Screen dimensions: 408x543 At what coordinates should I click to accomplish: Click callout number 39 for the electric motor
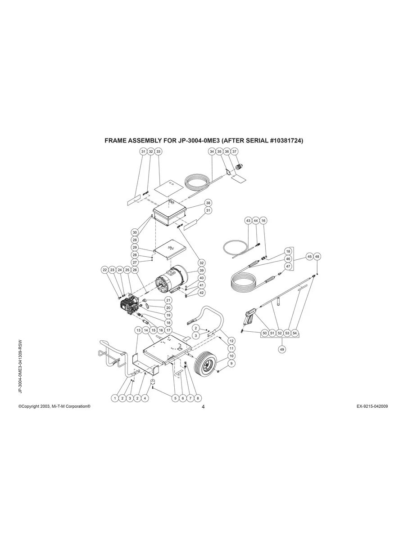201,271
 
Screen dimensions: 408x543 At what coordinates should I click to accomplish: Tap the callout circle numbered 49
281,349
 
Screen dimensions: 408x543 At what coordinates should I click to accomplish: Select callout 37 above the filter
234,151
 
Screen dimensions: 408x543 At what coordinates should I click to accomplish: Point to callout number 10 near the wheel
231,356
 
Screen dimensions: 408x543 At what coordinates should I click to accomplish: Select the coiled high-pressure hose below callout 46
243,281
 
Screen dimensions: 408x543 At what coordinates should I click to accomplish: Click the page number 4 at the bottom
203,407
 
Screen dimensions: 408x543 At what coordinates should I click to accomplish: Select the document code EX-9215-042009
372,406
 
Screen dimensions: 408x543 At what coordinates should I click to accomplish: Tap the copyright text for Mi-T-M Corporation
54,406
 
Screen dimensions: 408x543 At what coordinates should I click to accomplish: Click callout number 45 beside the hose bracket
309,257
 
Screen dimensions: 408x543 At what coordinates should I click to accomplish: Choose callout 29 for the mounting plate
135,247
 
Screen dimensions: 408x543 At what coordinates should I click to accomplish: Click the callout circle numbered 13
138,330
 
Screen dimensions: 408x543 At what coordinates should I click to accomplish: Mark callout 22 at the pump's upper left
105,270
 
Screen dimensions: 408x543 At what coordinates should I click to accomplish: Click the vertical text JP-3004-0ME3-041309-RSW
20,366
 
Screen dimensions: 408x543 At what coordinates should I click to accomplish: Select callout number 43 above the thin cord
248,220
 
